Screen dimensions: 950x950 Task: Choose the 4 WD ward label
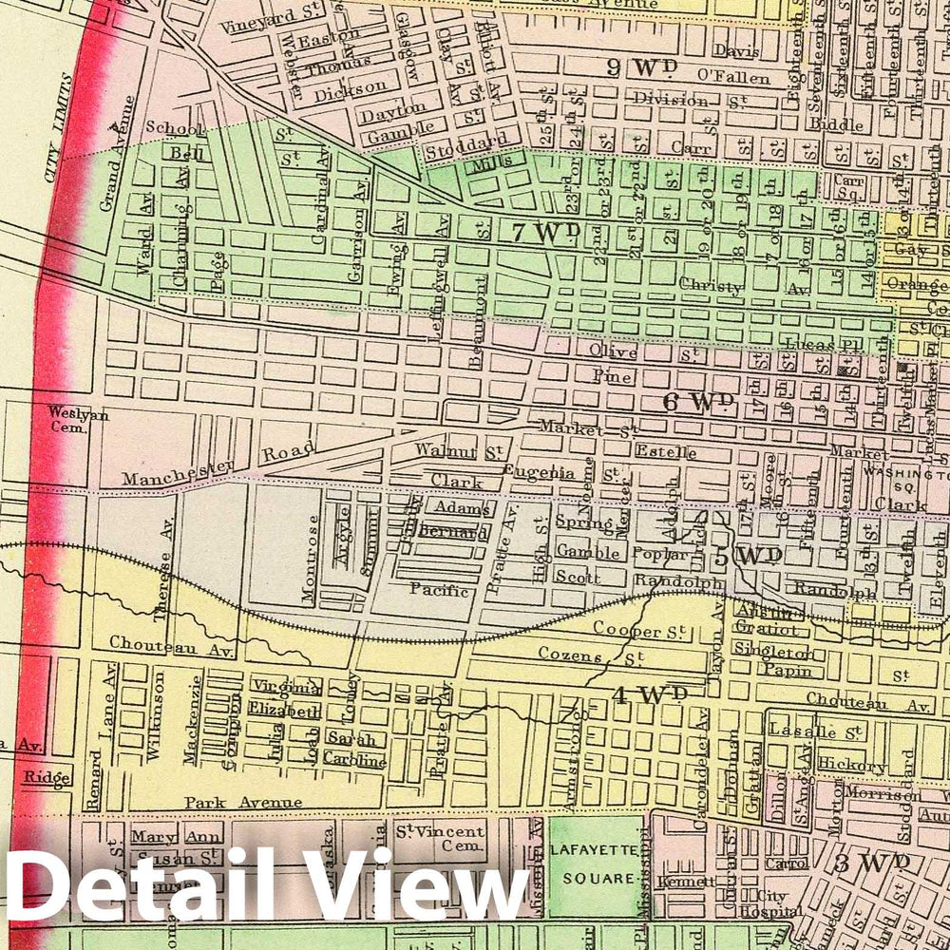pyautogui.click(x=649, y=694)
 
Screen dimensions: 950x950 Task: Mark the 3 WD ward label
pyautogui.click(x=872, y=863)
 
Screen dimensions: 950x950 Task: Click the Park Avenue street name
pyautogui.click(x=243, y=802)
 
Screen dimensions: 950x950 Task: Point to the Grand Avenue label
pyautogui.click(x=120, y=152)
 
